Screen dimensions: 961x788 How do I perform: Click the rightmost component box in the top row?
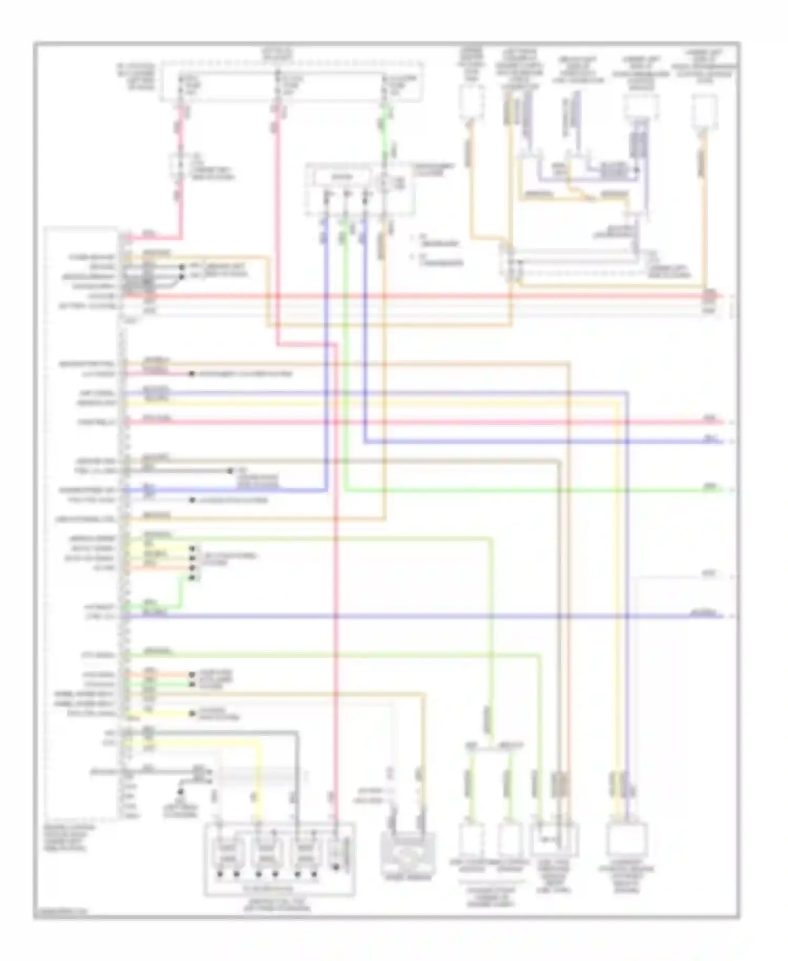click(x=704, y=111)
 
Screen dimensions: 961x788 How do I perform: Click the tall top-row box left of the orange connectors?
click(x=471, y=103)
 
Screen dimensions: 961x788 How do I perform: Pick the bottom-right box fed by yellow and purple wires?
click(x=626, y=840)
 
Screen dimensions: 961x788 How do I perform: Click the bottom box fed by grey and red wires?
click(x=555, y=840)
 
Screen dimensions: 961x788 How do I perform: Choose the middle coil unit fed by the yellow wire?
click(x=266, y=853)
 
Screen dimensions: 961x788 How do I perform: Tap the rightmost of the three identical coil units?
click(x=305, y=853)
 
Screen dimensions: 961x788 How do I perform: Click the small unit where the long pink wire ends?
click(x=336, y=853)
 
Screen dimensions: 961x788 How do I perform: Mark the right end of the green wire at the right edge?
click(x=723, y=490)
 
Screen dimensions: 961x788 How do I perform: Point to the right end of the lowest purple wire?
click(x=723, y=616)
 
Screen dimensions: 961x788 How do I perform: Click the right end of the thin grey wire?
click(x=723, y=577)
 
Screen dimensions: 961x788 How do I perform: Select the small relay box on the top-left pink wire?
click(x=177, y=167)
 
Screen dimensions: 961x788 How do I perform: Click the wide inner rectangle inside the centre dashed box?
click(x=341, y=178)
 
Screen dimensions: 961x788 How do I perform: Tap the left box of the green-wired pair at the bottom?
click(x=471, y=839)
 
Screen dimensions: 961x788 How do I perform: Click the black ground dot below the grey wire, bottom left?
click(x=180, y=792)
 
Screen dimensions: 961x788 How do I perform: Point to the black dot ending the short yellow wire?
click(x=192, y=713)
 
